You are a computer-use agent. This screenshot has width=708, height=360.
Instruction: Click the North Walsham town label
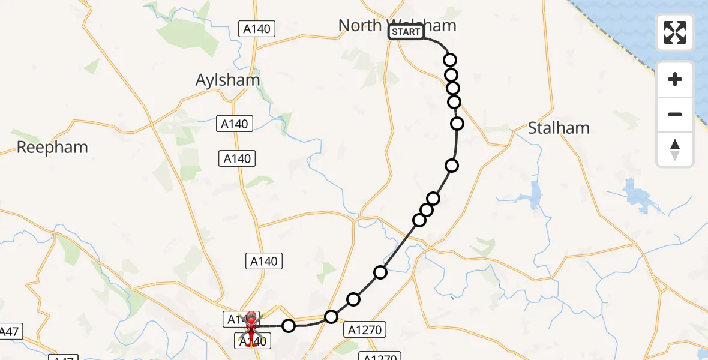pyautogui.click(x=397, y=25)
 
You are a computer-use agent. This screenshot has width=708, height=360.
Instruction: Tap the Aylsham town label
pyautogui.click(x=228, y=80)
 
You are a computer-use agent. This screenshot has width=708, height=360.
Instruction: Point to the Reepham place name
pyautogui.click(x=52, y=148)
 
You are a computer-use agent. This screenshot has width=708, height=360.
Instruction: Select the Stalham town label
pyautogui.click(x=559, y=128)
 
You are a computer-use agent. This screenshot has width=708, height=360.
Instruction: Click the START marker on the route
pyautogui.click(x=406, y=32)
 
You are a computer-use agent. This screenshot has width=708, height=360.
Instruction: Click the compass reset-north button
pyautogui.click(x=675, y=149)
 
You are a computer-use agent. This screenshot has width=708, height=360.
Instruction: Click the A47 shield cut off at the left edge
pyautogui.click(x=10, y=331)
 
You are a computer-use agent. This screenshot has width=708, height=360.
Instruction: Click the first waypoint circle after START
pyautogui.click(x=450, y=60)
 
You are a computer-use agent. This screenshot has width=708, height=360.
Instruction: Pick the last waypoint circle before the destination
pyautogui.click(x=289, y=326)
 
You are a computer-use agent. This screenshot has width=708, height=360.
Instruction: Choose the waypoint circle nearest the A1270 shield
pyautogui.click(x=331, y=316)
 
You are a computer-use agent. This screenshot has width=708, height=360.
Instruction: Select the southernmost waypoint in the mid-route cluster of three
pyautogui.click(x=419, y=220)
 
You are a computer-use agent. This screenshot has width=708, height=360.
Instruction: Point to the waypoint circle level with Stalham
pyautogui.click(x=457, y=124)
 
